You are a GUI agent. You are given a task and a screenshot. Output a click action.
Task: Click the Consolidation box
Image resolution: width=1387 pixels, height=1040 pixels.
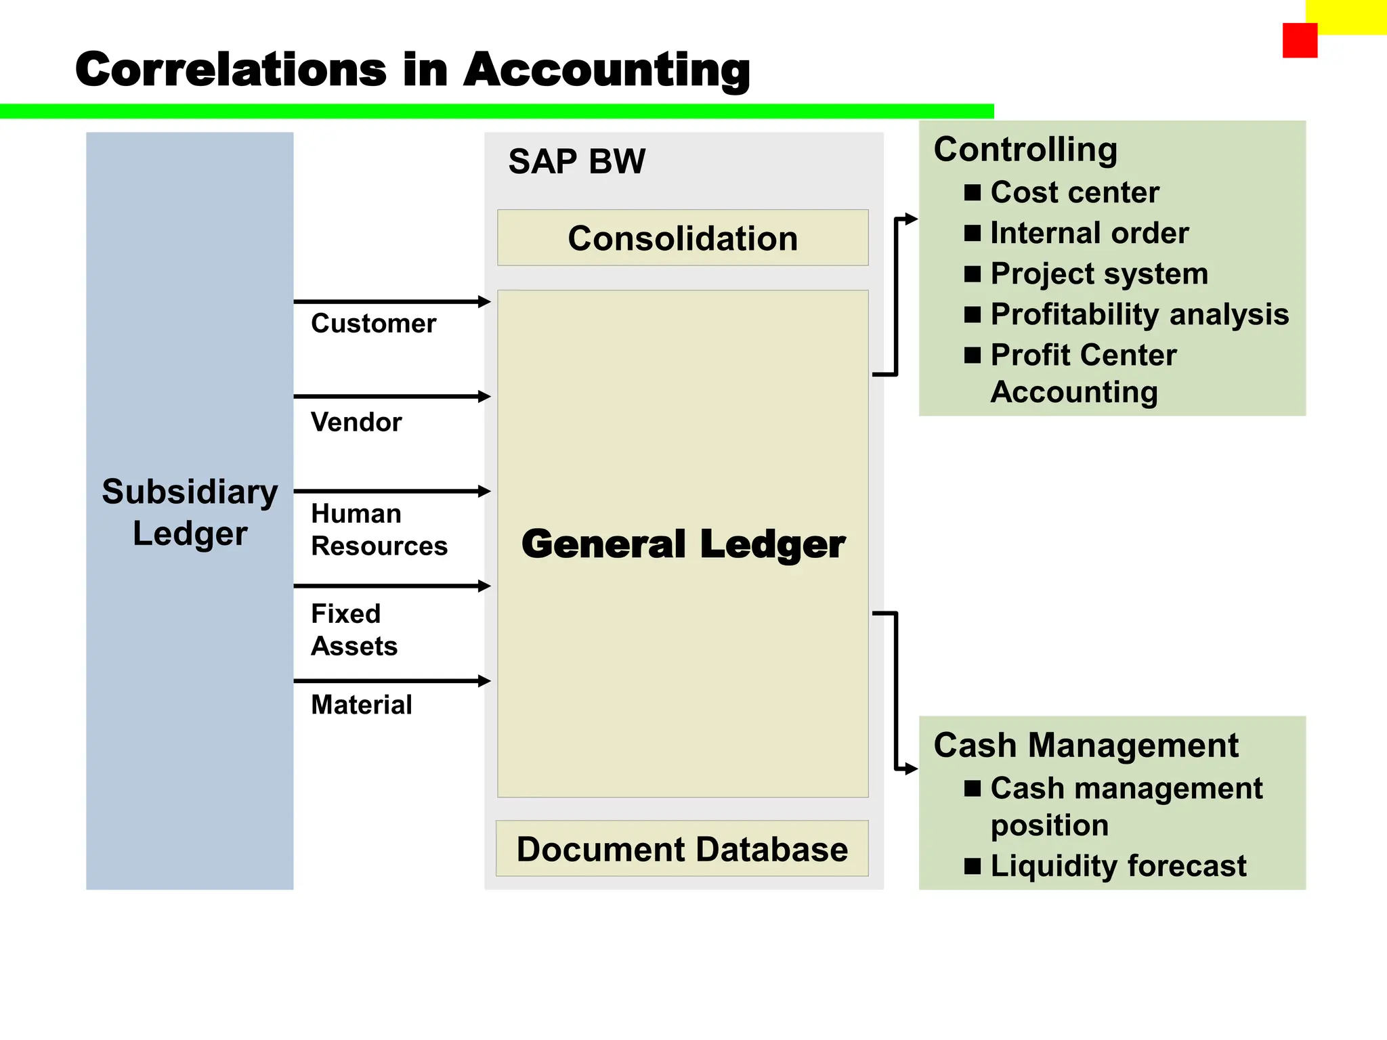pos(683,238)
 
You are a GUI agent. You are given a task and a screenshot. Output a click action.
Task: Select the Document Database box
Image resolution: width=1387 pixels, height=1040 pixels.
pos(682,849)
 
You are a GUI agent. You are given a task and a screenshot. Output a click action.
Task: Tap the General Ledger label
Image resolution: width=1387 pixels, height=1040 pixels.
pos(683,544)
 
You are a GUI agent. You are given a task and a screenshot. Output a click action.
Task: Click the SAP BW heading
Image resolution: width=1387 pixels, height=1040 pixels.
pos(577,162)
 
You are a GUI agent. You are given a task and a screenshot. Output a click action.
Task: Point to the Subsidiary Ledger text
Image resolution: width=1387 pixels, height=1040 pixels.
pos(190,512)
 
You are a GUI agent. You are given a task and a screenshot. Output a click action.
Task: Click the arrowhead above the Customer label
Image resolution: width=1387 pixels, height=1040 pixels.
pos(484,301)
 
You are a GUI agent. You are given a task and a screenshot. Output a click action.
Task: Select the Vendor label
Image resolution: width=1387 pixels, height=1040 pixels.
pos(356,422)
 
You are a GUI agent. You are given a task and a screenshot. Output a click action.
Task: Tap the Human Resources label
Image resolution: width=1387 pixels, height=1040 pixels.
pos(379,529)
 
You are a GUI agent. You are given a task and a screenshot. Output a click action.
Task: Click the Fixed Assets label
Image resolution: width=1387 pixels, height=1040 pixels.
pos(354,630)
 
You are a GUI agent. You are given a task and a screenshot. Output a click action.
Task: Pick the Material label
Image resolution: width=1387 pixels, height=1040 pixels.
pos(361,705)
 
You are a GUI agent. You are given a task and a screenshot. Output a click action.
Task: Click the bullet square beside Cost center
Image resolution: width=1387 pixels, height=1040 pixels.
pos(973,193)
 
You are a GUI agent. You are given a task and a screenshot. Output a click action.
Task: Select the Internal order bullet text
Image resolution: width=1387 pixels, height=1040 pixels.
pos(1089,233)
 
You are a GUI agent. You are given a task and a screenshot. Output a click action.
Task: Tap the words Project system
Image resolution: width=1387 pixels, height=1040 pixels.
pos(1098,274)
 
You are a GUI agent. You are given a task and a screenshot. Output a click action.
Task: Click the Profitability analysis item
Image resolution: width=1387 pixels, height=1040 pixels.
pos(1139,314)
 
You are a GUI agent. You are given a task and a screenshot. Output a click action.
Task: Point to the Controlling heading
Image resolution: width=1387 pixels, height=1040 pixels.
pos(1025,150)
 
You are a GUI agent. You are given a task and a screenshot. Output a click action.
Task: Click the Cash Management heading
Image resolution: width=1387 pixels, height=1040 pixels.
pos(1086,745)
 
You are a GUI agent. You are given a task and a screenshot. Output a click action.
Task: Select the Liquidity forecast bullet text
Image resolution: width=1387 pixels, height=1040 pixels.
pos(1117,866)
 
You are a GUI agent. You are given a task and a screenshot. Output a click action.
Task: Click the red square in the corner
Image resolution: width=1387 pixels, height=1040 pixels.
pos(1300,41)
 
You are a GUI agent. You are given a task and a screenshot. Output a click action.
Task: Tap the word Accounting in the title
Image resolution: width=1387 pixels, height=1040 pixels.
pos(607,70)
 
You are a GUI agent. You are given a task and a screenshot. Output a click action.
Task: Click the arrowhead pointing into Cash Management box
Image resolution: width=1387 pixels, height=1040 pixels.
pos(912,768)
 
